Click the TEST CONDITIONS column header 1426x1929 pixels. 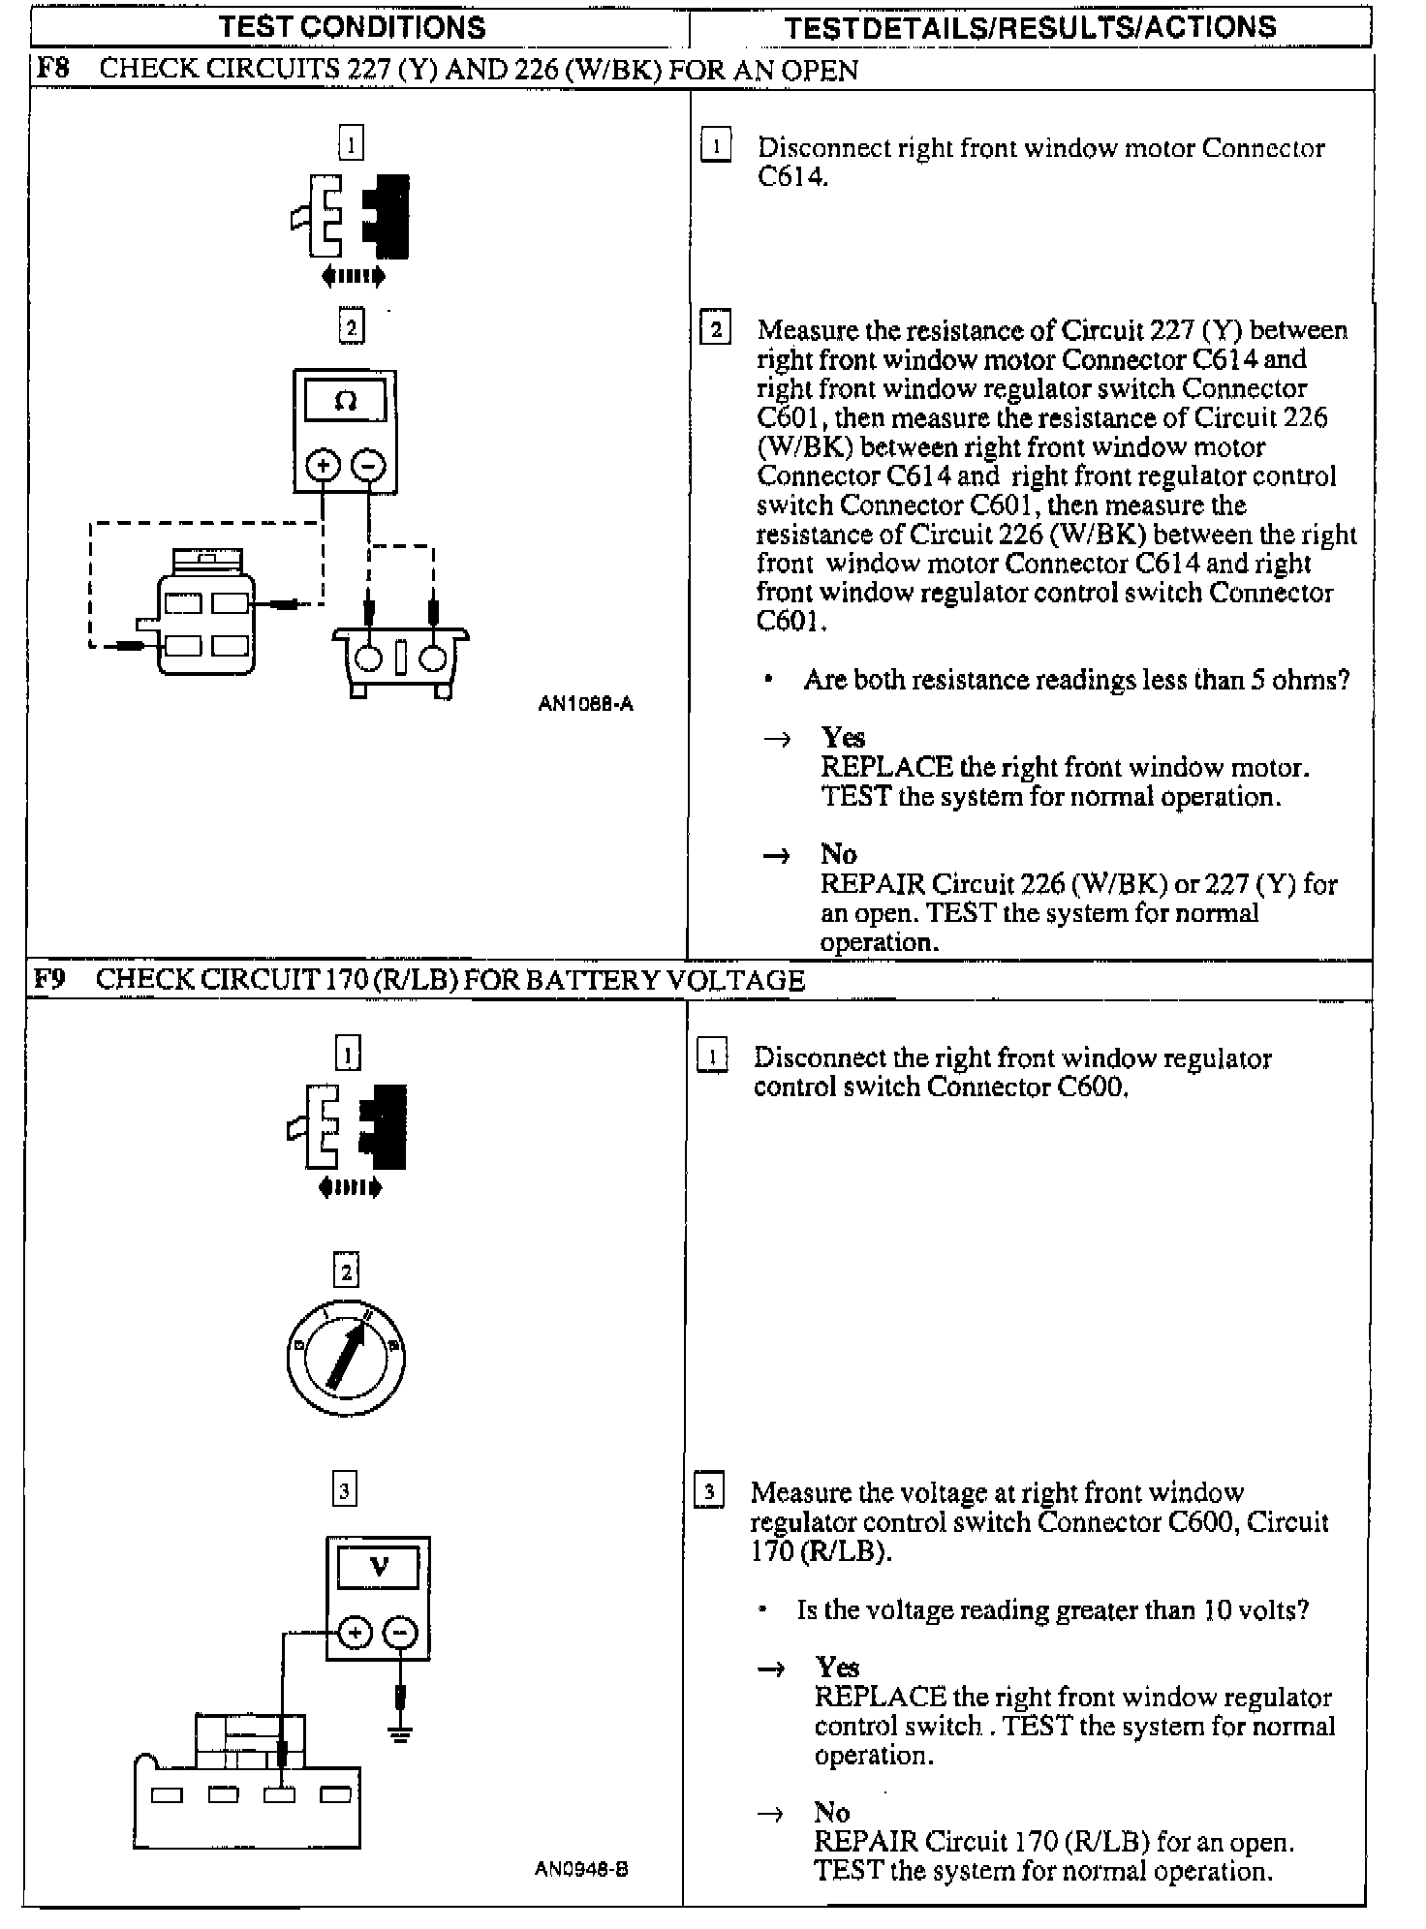coord(353,27)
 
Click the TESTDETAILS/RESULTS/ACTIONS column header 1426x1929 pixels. coord(1031,27)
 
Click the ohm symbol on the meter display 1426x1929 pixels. coord(345,401)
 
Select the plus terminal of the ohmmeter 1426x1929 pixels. coord(323,467)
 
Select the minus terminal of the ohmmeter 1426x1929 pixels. coord(368,467)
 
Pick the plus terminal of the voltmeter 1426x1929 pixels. coord(356,1634)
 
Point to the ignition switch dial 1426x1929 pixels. coord(346,1359)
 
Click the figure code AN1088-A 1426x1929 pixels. coord(585,704)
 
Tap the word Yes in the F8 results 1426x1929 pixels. coord(843,738)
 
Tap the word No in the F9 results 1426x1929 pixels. coord(831,1813)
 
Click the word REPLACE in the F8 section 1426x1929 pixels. coord(885,768)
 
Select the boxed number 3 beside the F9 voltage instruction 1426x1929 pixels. coord(709,1492)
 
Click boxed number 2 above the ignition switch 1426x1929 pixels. coord(346,1271)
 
